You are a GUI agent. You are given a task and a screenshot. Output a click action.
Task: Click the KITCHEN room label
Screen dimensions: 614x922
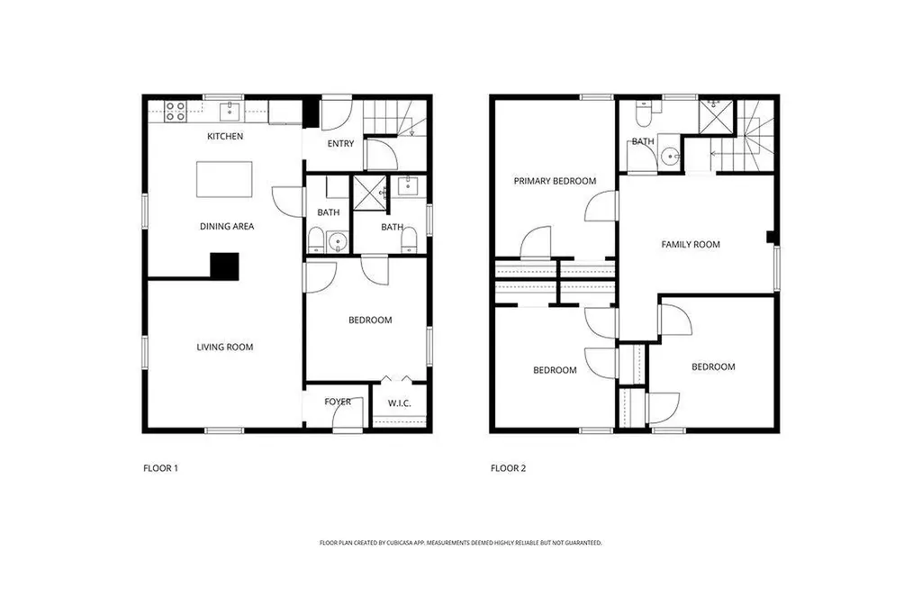[x=224, y=137]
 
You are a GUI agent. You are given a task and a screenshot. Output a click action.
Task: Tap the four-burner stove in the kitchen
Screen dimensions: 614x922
[x=176, y=112]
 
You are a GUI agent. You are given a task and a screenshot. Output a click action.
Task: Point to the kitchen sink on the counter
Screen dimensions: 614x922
[x=230, y=111]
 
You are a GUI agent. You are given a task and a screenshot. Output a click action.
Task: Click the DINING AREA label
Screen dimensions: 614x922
[x=226, y=227]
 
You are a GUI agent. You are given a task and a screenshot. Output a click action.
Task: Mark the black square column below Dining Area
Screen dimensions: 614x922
[x=224, y=266]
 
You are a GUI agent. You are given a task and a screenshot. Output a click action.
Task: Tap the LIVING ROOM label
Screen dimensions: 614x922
[x=225, y=347]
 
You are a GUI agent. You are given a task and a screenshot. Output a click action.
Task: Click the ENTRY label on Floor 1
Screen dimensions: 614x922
[x=340, y=144]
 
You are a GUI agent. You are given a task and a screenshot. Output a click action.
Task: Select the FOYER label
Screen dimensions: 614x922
[x=338, y=402]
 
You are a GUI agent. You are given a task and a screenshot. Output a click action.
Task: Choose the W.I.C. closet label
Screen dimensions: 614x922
[x=399, y=402]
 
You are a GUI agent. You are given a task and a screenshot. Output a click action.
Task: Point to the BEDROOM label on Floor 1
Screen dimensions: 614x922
[x=370, y=320]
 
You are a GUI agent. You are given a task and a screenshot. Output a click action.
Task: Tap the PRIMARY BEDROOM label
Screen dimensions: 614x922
[x=555, y=181]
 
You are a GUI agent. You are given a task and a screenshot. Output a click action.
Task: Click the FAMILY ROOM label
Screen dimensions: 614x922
[x=691, y=244]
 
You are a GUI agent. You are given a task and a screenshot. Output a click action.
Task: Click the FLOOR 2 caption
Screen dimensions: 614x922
[x=509, y=468]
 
